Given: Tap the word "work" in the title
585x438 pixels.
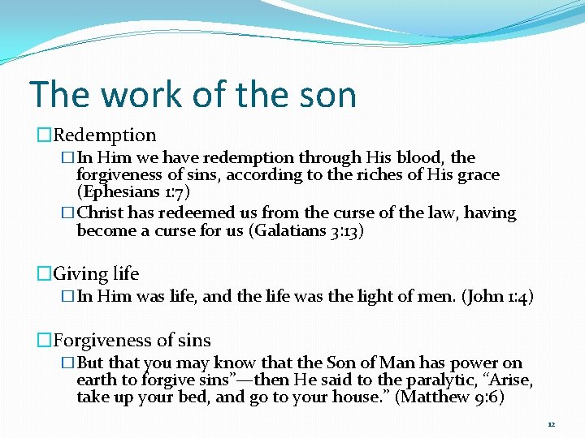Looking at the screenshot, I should pos(137,95).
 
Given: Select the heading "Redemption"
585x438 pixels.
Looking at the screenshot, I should pos(105,135).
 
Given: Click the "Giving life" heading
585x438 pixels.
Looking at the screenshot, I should pos(96,274).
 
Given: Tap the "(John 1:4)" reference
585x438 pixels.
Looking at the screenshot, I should pos(497,297).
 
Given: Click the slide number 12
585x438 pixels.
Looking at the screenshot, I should pos(551,424).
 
